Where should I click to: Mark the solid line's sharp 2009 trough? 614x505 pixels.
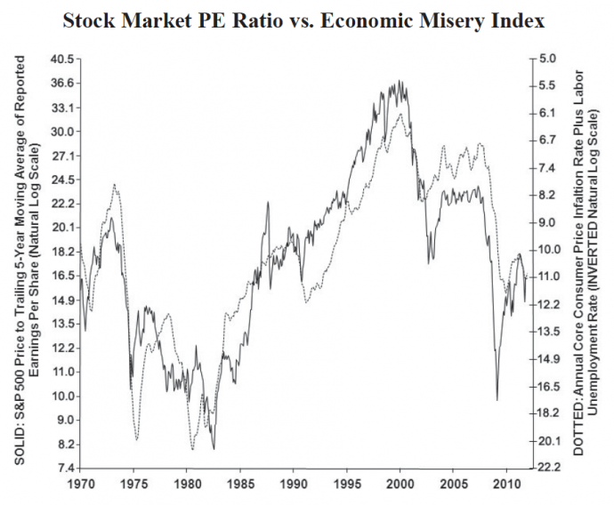pyautogui.click(x=497, y=400)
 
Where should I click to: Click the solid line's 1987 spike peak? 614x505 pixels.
pyautogui.click(x=268, y=203)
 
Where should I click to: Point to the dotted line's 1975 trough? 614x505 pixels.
pyautogui.click(x=136, y=439)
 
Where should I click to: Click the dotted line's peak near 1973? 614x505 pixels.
pyautogui.click(x=115, y=185)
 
